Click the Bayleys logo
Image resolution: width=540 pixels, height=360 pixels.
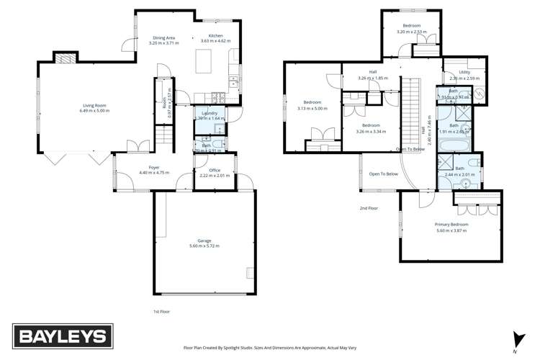[61, 336]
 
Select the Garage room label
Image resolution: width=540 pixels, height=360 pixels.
[204, 240]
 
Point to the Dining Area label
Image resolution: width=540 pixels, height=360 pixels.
[163, 37]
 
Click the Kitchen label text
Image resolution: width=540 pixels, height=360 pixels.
[216, 35]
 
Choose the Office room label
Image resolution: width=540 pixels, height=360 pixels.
[215, 170]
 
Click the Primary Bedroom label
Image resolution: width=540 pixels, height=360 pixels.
[452, 225]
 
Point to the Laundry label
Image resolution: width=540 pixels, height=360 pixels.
[210, 113]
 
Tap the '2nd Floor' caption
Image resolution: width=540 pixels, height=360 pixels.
[369, 208]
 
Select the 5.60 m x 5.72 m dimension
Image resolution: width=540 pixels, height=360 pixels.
[204, 246]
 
